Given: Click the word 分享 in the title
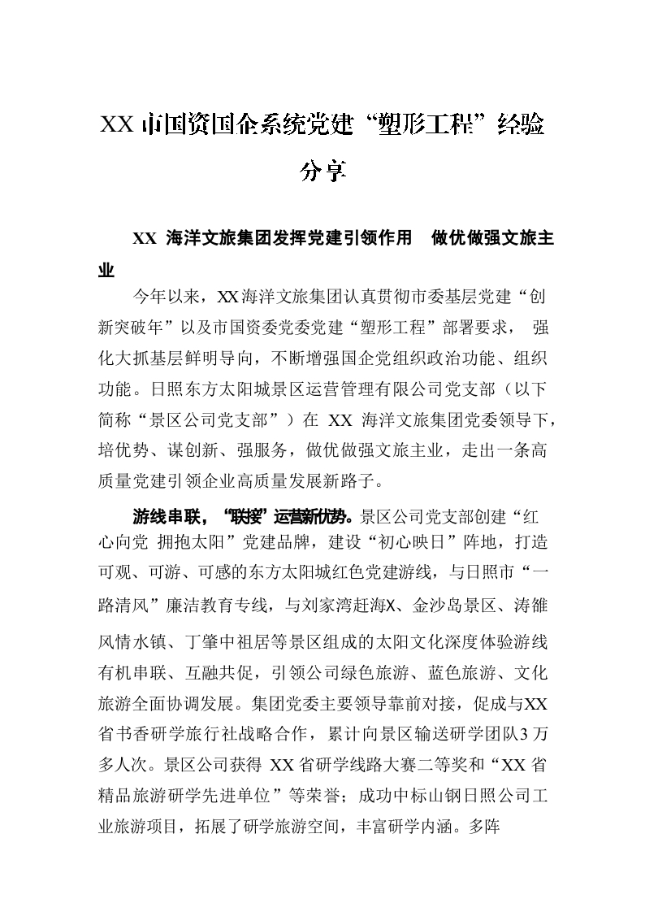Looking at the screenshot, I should pyautogui.click(x=323, y=172).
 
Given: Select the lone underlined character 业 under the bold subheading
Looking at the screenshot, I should pyautogui.click(x=106, y=271).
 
